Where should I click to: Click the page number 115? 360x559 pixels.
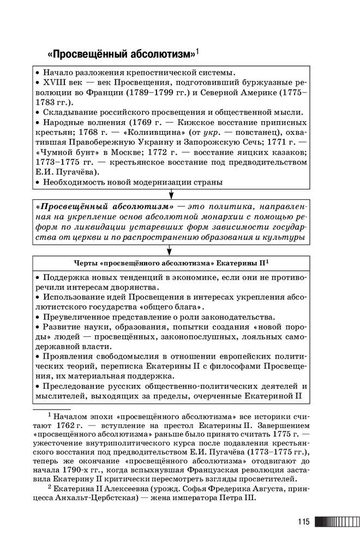pyautogui.click(x=304, y=522)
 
